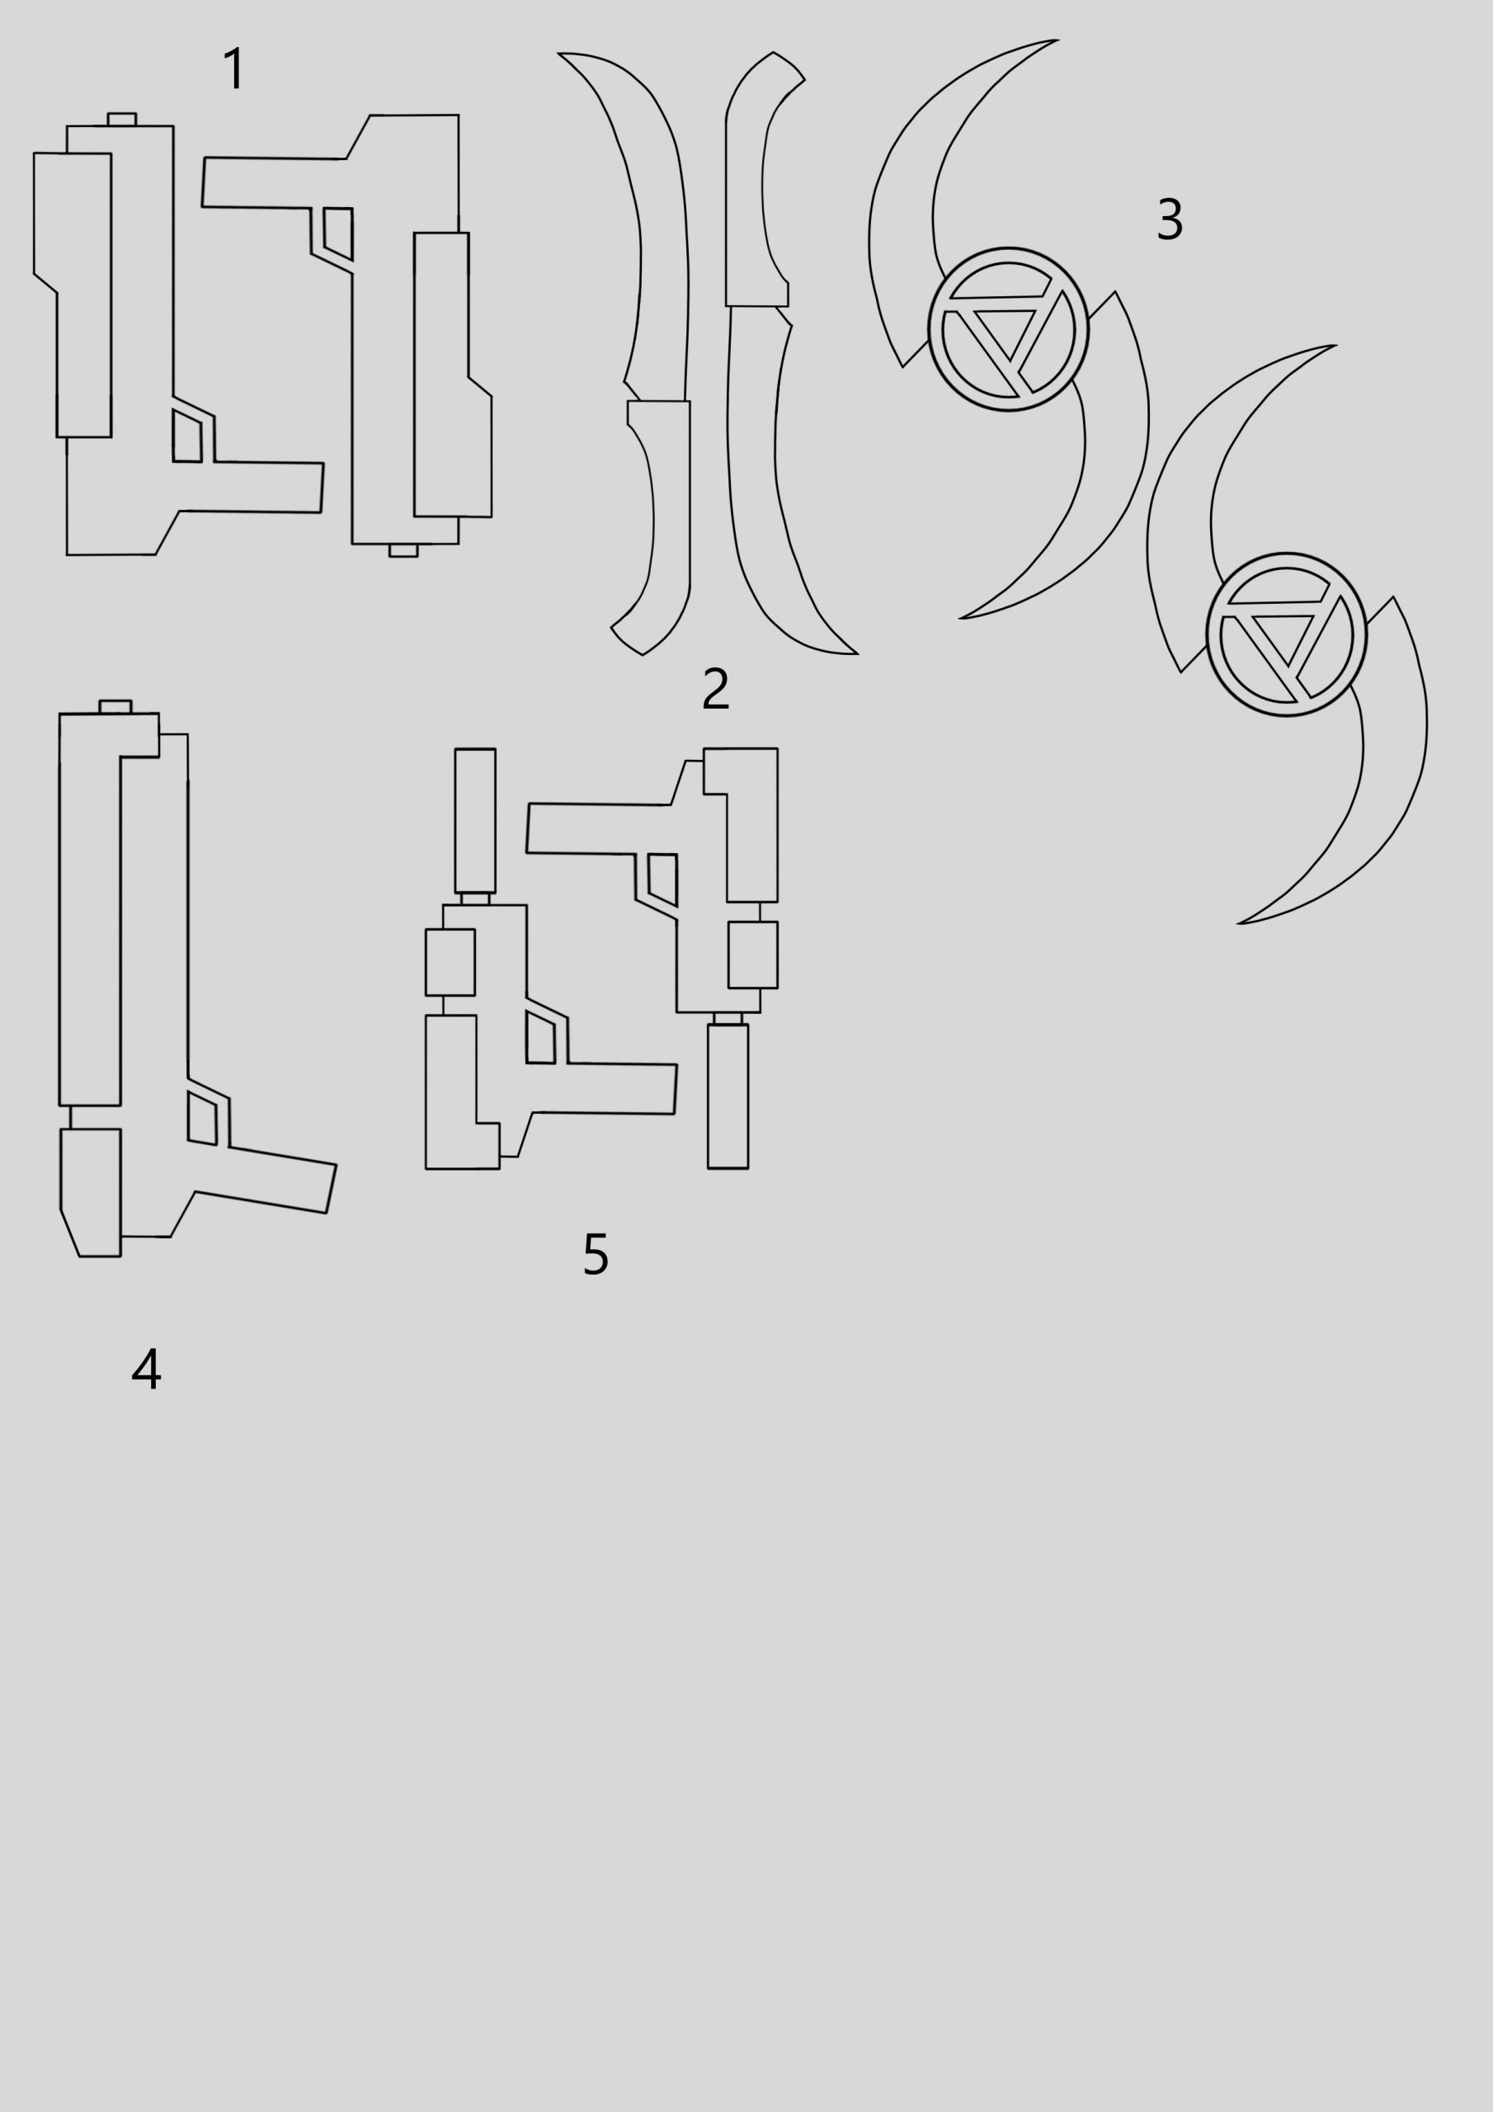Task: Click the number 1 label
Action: click(235, 69)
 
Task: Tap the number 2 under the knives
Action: click(716, 689)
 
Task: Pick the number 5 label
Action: click(596, 1254)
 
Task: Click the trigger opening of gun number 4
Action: click(202, 1118)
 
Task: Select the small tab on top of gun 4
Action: click(115, 706)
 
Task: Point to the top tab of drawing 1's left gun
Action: click(121, 120)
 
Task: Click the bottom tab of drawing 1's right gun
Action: click(403, 550)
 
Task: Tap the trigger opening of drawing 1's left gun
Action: click(186, 436)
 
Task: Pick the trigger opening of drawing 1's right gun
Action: click(338, 233)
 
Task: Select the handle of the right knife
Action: click(756, 178)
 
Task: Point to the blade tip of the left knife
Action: click(558, 54)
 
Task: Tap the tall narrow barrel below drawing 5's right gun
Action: click(728, 1096)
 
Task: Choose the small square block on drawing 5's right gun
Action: click(752, 955)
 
